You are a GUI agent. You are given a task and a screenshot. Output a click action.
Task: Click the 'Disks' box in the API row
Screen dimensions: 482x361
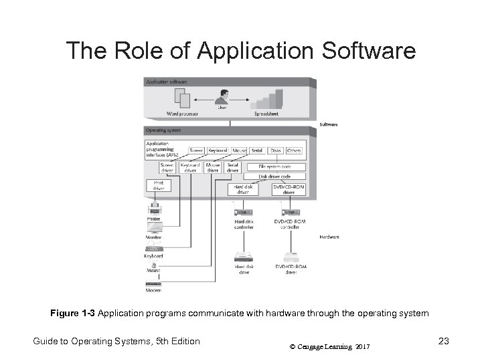click(x=276, y=150)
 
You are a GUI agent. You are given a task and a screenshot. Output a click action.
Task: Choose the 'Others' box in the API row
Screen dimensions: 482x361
click(x=295, y=150)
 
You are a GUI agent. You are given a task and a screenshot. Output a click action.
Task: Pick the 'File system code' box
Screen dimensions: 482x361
click(x=277, y=166)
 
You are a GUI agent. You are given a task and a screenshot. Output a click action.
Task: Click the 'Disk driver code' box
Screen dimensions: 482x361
click(x=277, y=176)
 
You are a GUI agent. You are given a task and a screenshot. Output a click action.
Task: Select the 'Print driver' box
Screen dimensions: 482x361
click(x=159, y=185)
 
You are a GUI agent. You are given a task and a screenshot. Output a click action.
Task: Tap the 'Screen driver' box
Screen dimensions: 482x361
click(x=167, y=167)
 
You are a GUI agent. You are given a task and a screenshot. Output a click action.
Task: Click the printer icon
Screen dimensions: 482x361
click(x=154, y=209)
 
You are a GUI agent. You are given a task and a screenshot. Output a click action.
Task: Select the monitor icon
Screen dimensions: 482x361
click(x=154, y=228)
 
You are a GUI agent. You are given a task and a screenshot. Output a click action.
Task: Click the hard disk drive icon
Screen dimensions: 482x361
click(x=243, y=257)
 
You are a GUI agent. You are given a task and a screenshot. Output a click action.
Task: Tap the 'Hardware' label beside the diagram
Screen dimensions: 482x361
click(x=329, y=237)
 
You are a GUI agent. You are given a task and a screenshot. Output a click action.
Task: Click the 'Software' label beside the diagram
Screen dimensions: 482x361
click(x=329, y=124)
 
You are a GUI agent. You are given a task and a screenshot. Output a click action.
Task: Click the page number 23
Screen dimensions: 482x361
click(x=443, y=342)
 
